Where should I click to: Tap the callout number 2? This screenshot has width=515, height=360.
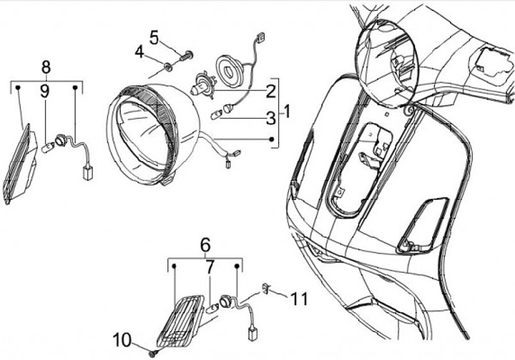(x=270, y=91)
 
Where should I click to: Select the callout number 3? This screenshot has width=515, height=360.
(x=270, y=117)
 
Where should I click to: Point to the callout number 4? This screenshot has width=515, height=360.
(x=140, y=52)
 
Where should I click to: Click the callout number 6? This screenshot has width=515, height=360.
(x=205, y=243)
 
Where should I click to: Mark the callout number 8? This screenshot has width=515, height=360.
(x=46, y=67)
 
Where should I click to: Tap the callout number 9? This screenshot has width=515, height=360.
(x=44, y=91)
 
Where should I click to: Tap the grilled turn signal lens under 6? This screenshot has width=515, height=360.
(x=181, y=316)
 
